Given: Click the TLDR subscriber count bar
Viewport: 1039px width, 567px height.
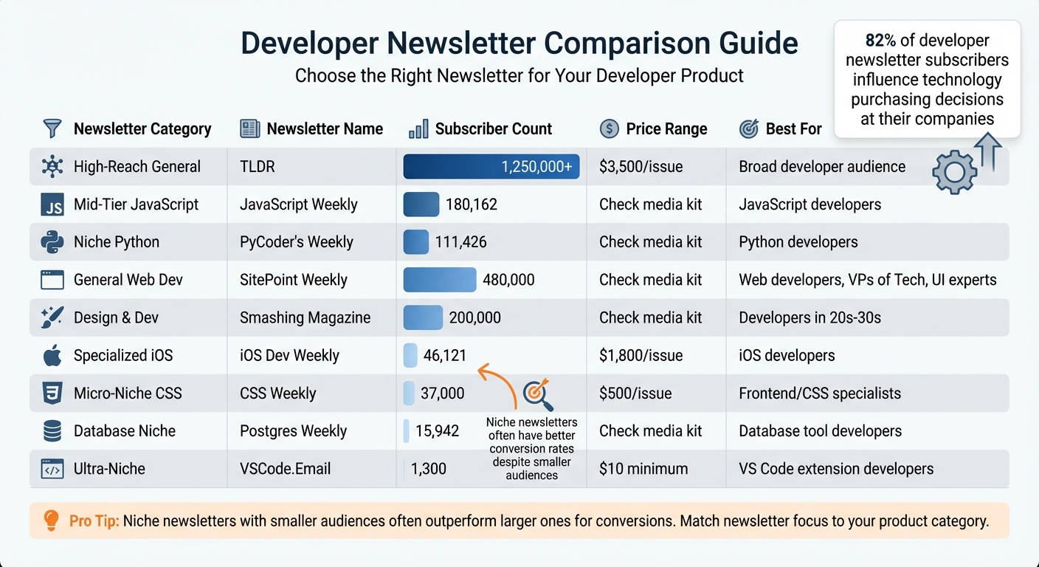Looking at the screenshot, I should point(491,167).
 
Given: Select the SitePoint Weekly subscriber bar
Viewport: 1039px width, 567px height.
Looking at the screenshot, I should point(440,280).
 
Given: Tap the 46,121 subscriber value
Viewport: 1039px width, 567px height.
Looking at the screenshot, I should point(444,355).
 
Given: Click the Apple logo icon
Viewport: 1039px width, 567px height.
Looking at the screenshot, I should point(52,356).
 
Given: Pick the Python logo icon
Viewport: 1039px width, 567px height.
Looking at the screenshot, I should point(52,242).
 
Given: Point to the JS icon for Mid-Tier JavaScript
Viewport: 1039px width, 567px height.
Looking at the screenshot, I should point(52,205).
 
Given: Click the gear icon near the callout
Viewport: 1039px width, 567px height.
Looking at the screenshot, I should point(954,172).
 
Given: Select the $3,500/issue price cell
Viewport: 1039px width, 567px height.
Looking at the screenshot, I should point(641,167).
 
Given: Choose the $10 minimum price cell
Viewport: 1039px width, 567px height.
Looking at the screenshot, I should point(643,469).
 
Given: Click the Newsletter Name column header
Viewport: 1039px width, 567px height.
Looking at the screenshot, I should point(324,129).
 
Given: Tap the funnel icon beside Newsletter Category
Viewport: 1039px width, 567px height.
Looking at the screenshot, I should point(52,129).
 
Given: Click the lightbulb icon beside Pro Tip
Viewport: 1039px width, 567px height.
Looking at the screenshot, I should point(51,520).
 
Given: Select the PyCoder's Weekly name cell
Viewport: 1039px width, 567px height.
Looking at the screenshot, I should point(296,242).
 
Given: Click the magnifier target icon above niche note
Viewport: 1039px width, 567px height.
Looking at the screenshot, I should point(537,394).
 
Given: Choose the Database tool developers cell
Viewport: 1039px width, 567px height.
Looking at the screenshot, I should point(820,431).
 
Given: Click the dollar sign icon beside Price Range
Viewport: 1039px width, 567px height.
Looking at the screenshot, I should point(610,129).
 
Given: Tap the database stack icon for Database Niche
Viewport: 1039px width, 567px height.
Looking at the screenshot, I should point(52,431).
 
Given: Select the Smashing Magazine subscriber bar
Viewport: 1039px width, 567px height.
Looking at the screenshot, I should point(423,317).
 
